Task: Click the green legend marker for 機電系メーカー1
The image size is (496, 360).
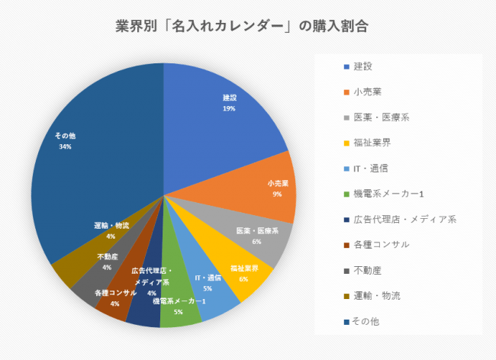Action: click(x=346, y=193)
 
